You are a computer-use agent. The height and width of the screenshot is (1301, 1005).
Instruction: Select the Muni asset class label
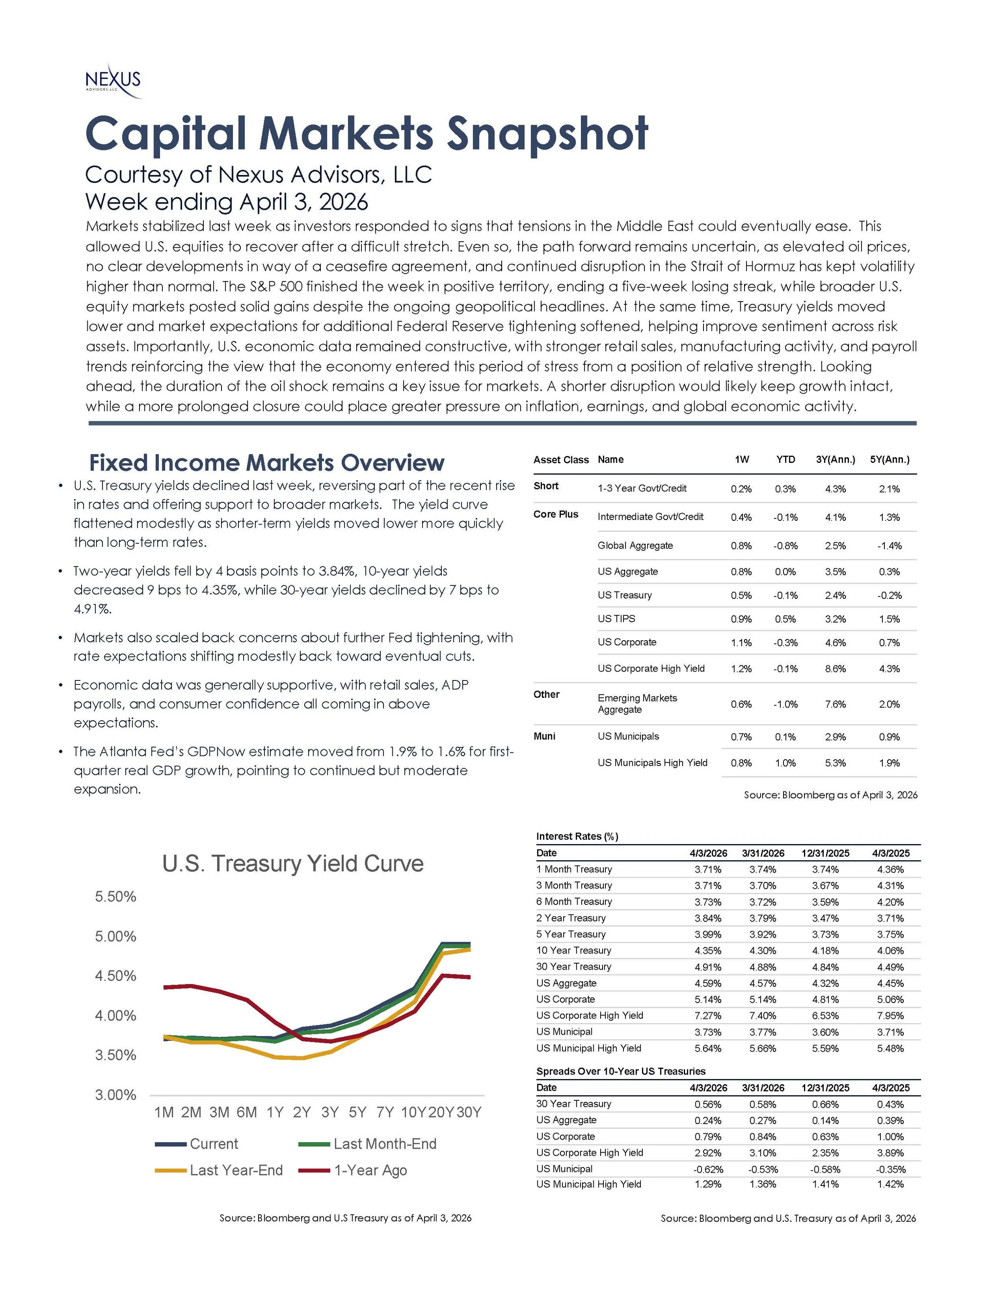click(544, 736)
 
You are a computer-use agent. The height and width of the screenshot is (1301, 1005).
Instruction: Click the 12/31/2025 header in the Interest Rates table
click(825, 853)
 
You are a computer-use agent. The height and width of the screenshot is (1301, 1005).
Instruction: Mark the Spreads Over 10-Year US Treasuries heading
click(620, 1071)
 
